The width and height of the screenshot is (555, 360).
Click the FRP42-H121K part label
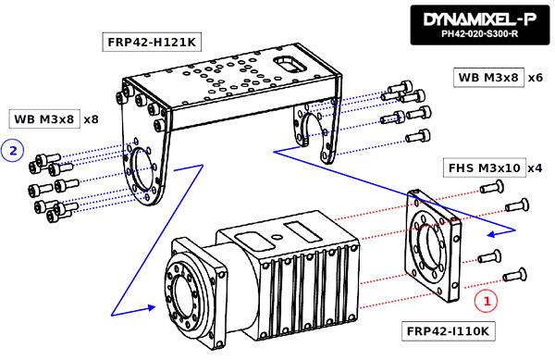tap(152, 43)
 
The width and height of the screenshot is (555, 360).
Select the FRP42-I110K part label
tap(448, 331)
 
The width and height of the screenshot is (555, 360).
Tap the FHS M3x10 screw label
tap(484, 168)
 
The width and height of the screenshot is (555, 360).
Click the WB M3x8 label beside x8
tap(44, 119)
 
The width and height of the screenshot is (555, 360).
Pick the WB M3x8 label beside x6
tap(488, 78)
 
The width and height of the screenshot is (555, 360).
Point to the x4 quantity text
tap(535, 168)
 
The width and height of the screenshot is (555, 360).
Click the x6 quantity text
tap(536, 78)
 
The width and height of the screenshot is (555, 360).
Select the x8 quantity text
tap(91, 119)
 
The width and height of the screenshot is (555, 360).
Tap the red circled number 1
tap(486, 301)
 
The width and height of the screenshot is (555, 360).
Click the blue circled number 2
tap(13, 151)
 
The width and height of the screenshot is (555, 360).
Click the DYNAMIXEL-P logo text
tap(480, 19)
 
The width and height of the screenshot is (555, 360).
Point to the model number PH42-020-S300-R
tap(479, 34)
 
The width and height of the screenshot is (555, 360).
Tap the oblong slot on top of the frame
tap(290, 64)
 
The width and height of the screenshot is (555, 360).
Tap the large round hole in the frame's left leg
tap(141, 168)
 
